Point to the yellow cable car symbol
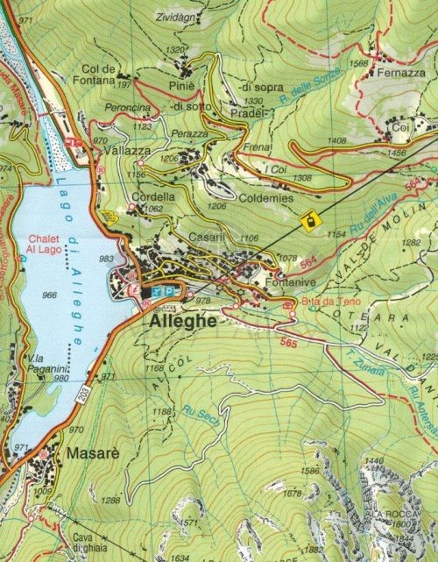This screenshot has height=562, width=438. point(307,220)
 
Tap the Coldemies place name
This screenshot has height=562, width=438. point(266,199)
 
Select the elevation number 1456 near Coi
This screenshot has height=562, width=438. point(397,153)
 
